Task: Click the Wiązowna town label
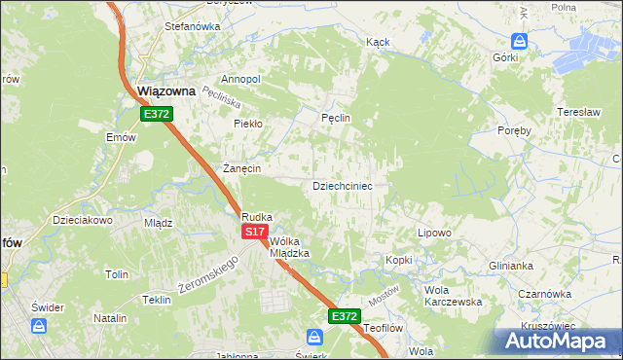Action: tap(166, 91)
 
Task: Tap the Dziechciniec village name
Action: tap(342, 185)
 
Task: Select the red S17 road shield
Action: tap(254, 232)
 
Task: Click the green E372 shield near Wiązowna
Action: tap(156, 114)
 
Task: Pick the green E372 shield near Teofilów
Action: tap(344, 316)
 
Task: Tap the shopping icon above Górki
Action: tap(519, 41)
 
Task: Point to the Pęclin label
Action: tap(335, 118)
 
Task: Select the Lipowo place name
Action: tap(434, 234)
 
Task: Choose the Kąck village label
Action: tap(378, 43)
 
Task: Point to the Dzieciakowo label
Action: tap(84, 220)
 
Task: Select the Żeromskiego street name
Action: tap(208, 274)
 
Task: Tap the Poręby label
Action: tap(514, 130)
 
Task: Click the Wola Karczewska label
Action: tap(453, 296)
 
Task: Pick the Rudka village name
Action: tap(257, 217)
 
